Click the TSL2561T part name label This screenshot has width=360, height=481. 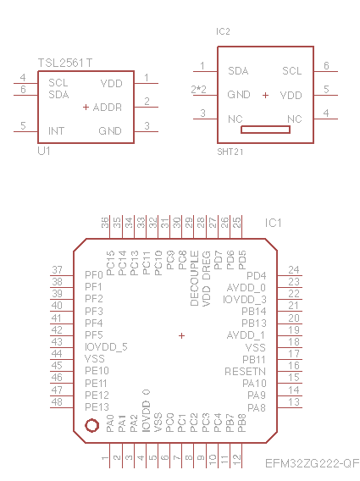64,63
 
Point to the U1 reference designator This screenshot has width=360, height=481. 44,151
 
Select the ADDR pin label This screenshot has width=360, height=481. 108,108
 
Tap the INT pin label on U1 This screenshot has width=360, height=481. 57,131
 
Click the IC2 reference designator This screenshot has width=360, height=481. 223,31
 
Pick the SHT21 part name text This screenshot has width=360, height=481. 230,152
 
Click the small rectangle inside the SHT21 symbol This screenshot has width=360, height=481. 265,130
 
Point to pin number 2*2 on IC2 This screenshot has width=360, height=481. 198,89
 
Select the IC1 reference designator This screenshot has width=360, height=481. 273,223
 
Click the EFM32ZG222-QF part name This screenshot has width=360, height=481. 312,463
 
